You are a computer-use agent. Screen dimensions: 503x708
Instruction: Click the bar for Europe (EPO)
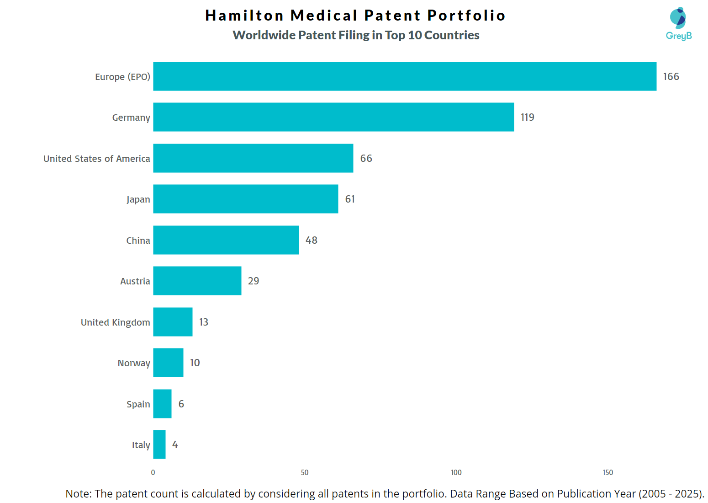405,76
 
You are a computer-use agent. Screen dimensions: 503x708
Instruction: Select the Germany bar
333,117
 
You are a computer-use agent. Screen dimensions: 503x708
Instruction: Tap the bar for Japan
246,199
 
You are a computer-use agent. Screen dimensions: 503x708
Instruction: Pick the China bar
226,240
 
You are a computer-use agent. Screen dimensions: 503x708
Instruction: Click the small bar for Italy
159,444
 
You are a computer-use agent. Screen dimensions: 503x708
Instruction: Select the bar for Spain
162,404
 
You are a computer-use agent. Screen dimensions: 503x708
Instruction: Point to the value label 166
671,76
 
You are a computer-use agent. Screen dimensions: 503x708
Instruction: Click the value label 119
527,118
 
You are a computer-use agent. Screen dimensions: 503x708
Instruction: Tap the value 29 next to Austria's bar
254,281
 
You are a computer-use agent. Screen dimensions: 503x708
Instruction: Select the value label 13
204,322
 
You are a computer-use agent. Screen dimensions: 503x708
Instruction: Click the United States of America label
97,159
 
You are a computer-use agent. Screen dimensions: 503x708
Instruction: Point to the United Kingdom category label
115,322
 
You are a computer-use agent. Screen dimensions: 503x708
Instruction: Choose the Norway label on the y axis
134,363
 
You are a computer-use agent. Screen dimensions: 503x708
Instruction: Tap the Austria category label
135,281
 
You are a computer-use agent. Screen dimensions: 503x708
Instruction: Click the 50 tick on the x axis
305,472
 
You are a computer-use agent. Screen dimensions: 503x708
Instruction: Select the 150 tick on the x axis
608,472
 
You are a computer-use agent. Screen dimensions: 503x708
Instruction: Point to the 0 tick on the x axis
153,472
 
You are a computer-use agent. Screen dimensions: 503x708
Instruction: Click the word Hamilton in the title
244,16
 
